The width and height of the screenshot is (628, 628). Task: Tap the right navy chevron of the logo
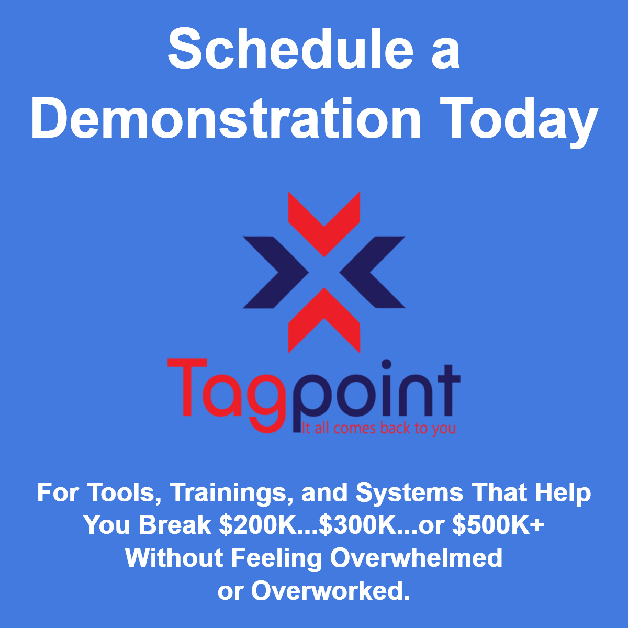(x=372, y=272)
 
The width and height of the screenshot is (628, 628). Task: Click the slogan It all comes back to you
(x=378, y=428)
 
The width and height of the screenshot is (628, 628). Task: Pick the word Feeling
(x=276, y=559)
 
